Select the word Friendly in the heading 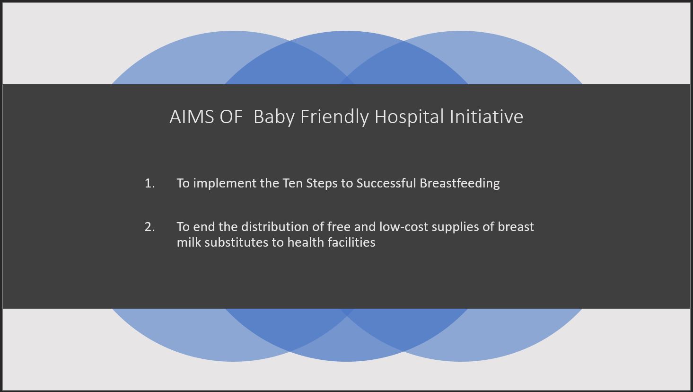[334, 117]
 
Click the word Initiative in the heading [486, 116]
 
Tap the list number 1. [150, 183]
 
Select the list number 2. [150, 227]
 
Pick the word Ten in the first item [292, 183]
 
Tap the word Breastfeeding [459, 184]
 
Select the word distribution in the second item [275, 227]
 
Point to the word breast [516, 227]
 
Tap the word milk [189, 242]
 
